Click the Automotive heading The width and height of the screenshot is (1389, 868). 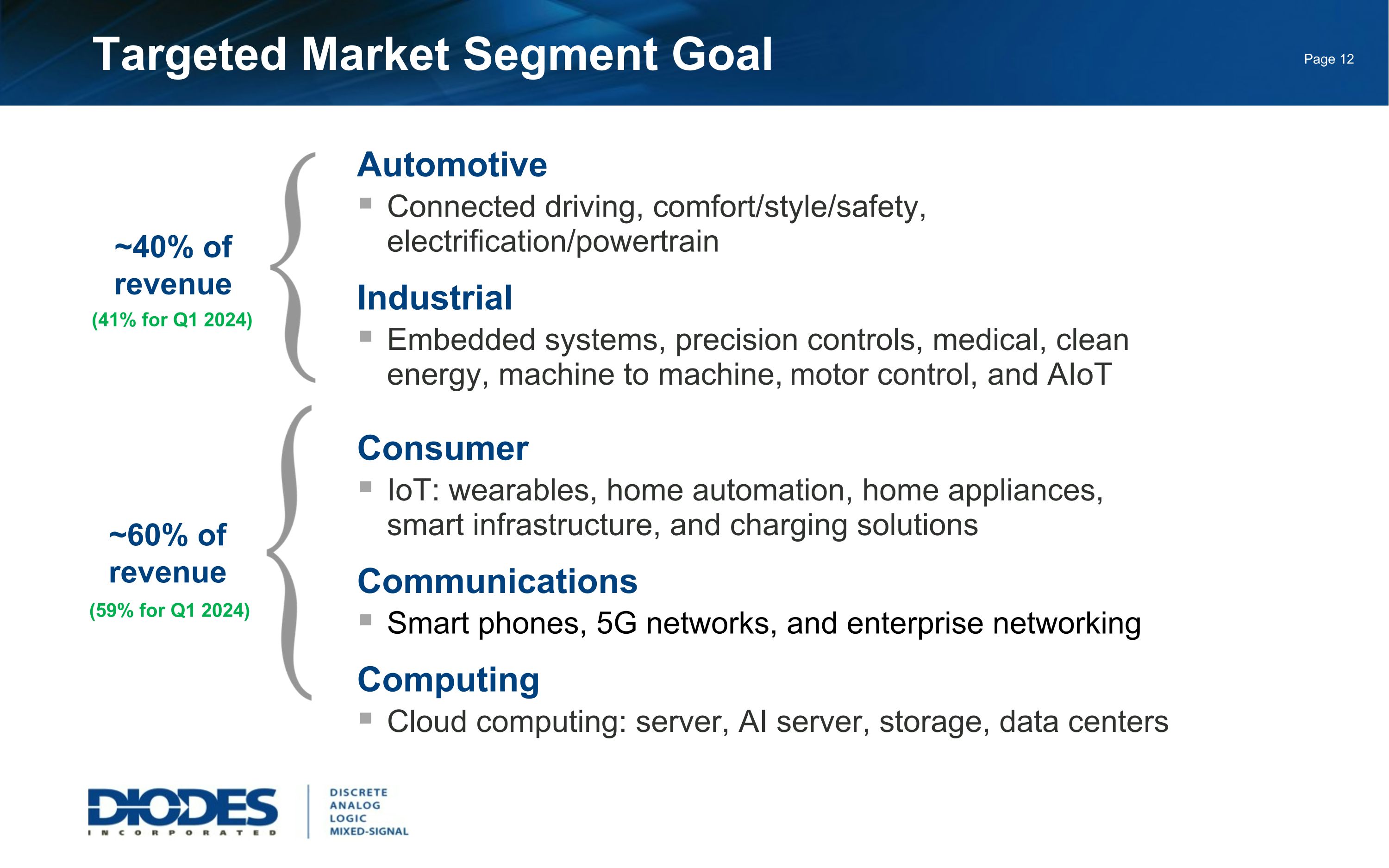pos(452,165)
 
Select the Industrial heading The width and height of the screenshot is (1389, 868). pos(434,298)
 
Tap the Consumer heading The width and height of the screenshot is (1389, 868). pos(443,449)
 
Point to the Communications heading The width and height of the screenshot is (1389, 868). pos(497,581)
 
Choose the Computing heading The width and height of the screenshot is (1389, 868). pos(448,680)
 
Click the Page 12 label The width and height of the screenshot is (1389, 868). pos(1328,59)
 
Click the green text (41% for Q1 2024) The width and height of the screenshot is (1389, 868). pos(172,320)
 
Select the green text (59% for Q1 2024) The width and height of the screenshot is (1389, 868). pos(170,610)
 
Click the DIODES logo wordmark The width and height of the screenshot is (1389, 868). pos(182,808)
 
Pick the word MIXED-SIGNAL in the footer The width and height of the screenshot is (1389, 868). pos(369,831)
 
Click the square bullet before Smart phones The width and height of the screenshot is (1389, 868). pos(366,619)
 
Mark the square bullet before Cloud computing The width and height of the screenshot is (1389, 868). pos(366,718)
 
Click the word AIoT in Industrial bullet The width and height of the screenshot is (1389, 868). pos(1079,375)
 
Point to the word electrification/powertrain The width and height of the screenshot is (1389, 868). pos(552,242)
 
